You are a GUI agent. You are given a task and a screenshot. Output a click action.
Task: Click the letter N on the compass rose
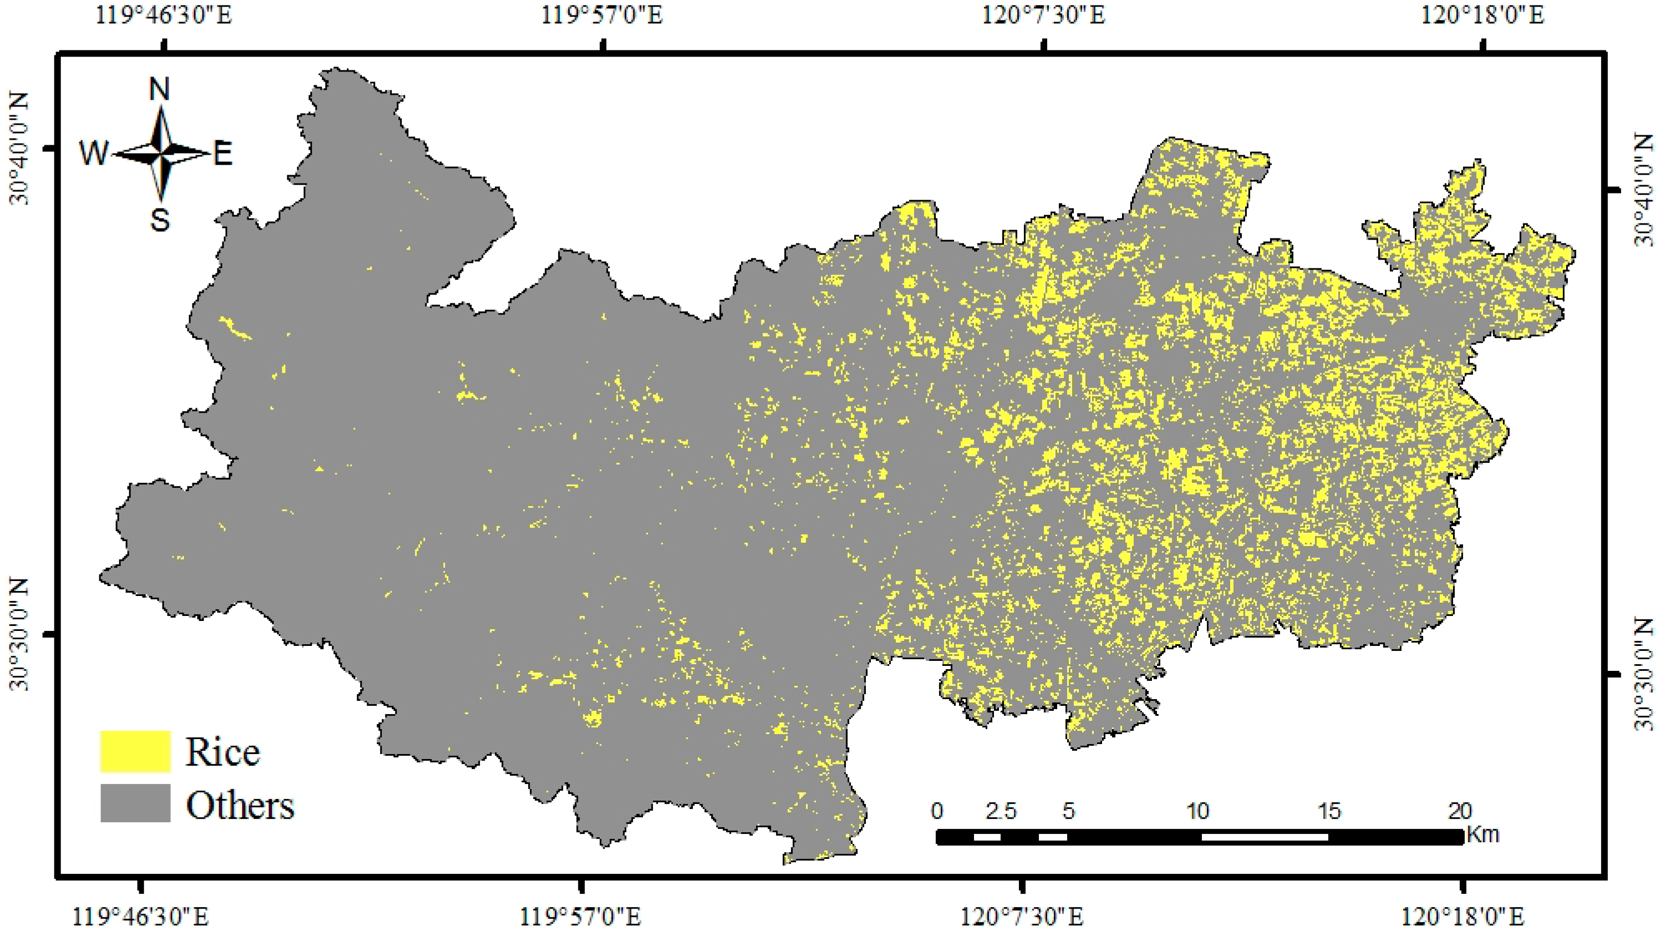tap(160, 89)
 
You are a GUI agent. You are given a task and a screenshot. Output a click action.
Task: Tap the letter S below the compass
tap(160, 220)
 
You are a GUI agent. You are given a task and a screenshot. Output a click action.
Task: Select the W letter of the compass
tap(94, 154)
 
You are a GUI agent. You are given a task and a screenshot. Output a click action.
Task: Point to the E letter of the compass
tap(222, 154)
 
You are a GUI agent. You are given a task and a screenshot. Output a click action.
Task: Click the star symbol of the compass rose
tap(161, 153)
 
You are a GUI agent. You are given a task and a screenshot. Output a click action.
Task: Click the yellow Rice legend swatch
tap(135, 751)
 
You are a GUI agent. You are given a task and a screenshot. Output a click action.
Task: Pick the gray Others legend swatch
tap(135, 803)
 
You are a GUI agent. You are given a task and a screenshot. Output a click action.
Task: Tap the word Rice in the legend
tap(222, 751)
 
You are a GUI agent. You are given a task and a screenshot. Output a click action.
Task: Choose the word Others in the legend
tap(240, 804)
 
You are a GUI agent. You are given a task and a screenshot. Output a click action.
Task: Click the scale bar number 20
tap(1460, 811)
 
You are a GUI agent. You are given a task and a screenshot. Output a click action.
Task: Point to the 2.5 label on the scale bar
tap(1001, 811)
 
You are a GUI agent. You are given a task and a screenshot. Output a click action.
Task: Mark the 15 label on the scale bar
tap(1329, 811)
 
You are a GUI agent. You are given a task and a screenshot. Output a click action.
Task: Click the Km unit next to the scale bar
tap(1483, 835)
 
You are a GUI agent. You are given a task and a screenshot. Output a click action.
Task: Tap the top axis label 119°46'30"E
tap(164, 14)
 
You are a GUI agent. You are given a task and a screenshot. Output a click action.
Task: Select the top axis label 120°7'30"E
tap(1043, 14)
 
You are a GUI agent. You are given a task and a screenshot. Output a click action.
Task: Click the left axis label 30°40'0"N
tap(19, 148)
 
